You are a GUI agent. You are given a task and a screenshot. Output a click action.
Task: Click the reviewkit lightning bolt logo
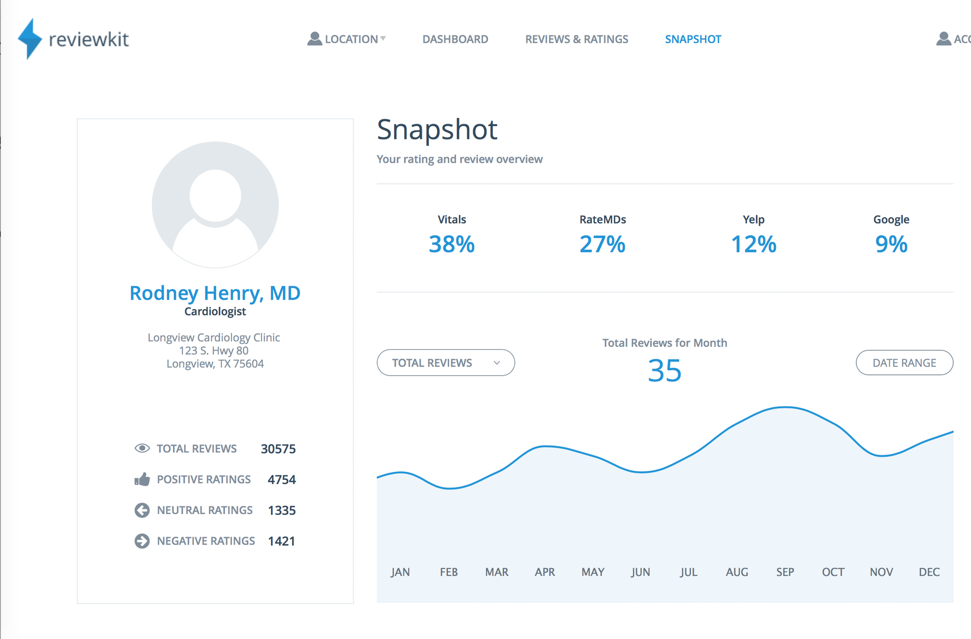coord(30,39)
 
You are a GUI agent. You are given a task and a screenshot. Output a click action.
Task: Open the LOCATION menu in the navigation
coord(347,39)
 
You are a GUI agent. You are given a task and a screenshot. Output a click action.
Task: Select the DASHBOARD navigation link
coord(455,39)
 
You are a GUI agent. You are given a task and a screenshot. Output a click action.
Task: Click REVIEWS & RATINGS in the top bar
coord(576,39)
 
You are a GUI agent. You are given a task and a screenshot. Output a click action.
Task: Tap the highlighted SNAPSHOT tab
coord(693,39)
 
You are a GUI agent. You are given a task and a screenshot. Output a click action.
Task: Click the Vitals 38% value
coord(452,244)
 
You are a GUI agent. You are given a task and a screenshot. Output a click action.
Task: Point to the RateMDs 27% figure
coord(602,244)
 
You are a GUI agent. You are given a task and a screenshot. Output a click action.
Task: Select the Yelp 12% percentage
coord(753,244)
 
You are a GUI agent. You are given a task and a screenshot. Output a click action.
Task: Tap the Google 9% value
coord(891,244)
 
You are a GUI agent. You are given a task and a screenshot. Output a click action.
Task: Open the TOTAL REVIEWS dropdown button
coord(446,363)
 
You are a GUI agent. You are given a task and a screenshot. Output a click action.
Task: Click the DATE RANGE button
coord(904,363)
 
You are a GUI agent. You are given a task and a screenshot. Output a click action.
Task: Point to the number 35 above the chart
coord(665,371)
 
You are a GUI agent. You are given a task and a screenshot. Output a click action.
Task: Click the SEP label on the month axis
coord(785,572)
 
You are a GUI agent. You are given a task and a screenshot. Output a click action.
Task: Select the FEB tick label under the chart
coord(448,572)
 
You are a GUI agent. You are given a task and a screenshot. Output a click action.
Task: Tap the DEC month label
coord(929,572)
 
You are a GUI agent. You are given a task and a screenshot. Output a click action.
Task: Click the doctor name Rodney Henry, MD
coord(215,293)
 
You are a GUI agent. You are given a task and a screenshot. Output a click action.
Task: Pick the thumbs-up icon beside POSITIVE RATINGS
coord(142,479)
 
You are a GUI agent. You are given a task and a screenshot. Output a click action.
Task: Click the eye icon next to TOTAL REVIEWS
coord(142,448)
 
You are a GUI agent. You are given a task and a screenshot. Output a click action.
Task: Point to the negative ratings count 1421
coord(282,541)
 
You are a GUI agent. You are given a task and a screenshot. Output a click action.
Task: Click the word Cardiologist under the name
coord(215,312)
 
